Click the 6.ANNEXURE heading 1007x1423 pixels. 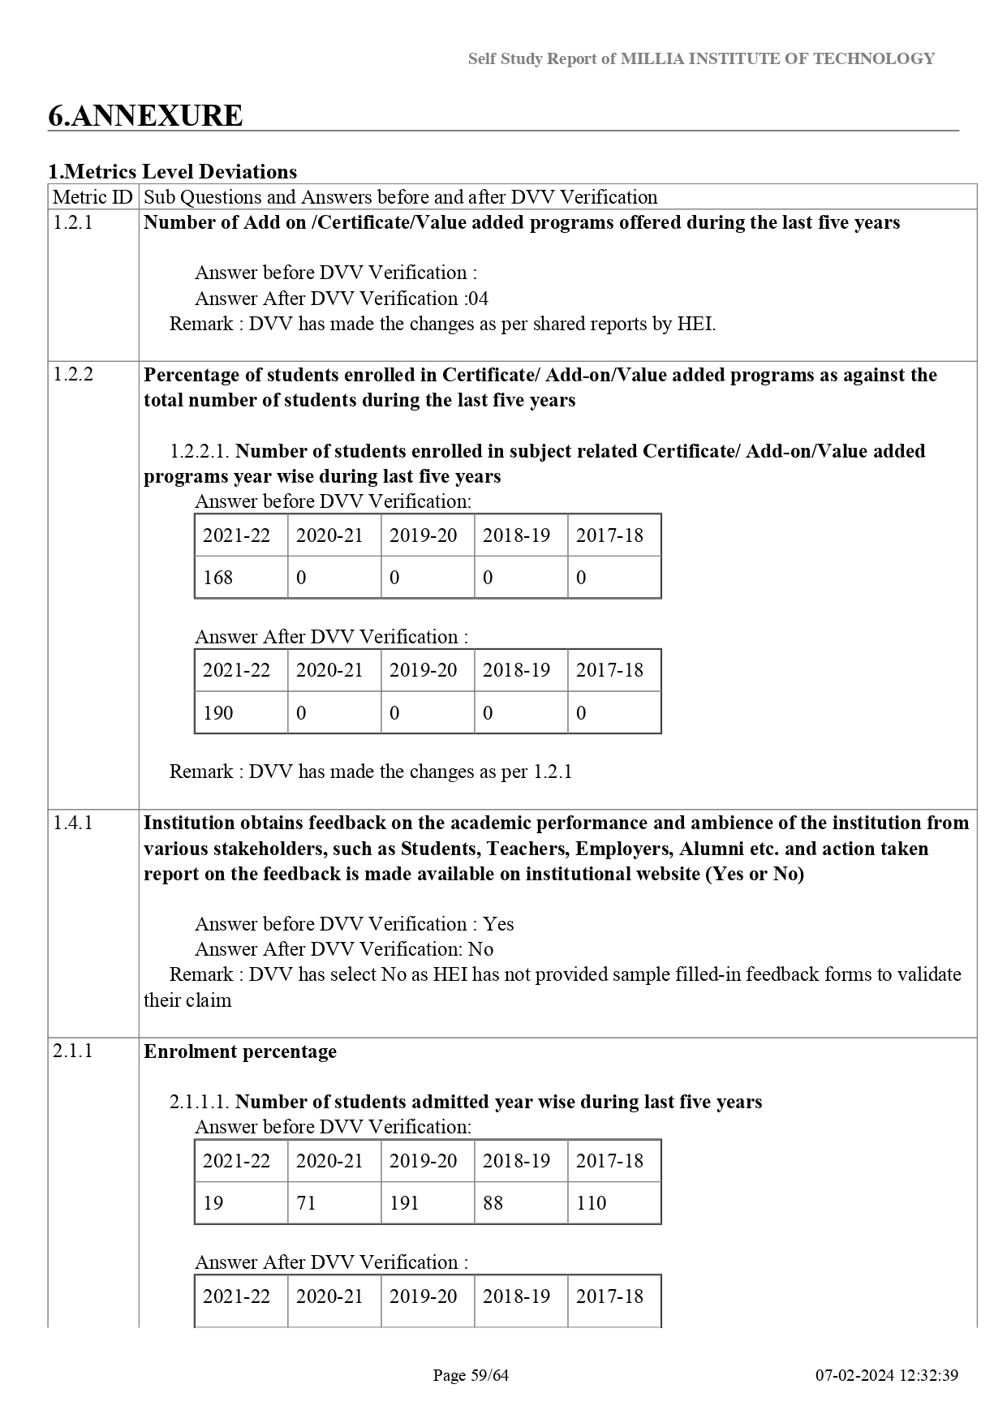click(x=145, y=116)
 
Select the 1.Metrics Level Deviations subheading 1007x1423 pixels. click(x=172, y=172)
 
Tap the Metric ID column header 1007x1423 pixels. click(x=93, y=197)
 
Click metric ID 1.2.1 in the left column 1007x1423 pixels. click(x=73, y=222)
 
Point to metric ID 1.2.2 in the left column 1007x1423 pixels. click(x=73, y=374)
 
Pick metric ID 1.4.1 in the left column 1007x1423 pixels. click(x=73, y=823)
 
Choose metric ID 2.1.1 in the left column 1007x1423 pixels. click(x=73, y=1051)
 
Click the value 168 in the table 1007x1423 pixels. click(x=217, y=578)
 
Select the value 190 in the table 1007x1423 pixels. click(x=217, y=713)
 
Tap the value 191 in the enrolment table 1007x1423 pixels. click(x=404, y=1203)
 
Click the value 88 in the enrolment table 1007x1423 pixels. click(x=493, y=1203)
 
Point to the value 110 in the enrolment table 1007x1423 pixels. click(x=591, y=1203)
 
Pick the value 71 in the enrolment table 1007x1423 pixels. click(x=306, y=1203)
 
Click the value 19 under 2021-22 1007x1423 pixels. click(x=213, y=1203)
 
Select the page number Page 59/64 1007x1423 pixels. click(x=471, y=1375)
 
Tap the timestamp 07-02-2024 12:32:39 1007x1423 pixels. click(x=887, y=1375)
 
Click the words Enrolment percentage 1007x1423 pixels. click(x=240, y=1051)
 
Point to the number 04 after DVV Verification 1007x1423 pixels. click(x=478, y=299)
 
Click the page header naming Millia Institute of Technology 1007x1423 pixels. click(x=701, y=58)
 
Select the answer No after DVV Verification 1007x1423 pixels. click(x=481, y=949)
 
